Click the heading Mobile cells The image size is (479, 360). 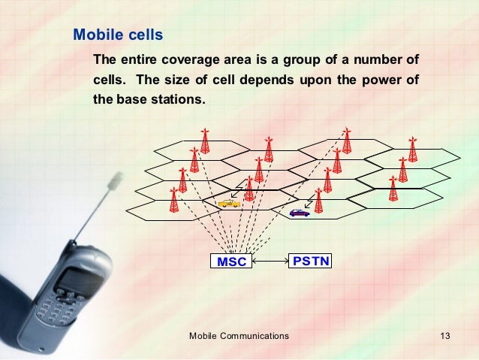(x=117, y=35)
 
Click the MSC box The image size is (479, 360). (x=231, y=262)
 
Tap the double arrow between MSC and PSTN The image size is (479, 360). (x=271, y=262)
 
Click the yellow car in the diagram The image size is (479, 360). (x=228, y=203)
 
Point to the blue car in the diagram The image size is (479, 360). (x=299, y=213)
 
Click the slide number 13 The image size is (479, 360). (x=444, y=336)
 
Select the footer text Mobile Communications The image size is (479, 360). (x=239, y=336)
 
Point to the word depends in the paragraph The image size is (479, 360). (x=264, y=80)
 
